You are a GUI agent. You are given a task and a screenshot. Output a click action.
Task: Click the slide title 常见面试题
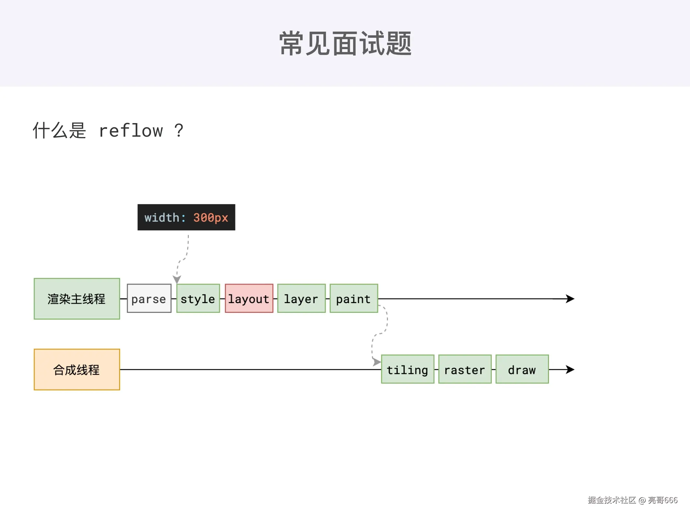pos(345,44)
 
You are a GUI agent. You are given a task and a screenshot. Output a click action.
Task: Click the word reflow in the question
pos(131,131)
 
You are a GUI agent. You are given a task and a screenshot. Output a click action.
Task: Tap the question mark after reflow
pos(179,131)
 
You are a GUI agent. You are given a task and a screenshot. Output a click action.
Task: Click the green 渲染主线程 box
pos(77,299)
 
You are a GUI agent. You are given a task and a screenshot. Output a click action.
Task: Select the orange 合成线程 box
pos(77,369)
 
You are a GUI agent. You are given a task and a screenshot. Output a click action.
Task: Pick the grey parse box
pos(149,299)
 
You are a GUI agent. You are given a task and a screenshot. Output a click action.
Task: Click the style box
pos(198,299)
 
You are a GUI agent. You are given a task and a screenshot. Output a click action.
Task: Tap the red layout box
pos(249,299)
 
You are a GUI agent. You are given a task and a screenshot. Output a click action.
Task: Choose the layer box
pos(301,299)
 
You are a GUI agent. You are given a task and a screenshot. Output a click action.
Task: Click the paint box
pos(353,299)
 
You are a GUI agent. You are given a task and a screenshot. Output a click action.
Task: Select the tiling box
pos(407,369)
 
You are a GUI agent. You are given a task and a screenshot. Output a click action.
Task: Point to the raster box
pos(465,369)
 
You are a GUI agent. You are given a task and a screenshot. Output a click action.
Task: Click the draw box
pos(522,369)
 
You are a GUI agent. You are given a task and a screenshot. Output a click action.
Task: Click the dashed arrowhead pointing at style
pos(177,279)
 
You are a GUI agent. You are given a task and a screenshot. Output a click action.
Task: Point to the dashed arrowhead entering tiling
pos(377,362)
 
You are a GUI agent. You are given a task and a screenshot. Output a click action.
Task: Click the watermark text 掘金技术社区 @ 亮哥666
pos(632,500)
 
